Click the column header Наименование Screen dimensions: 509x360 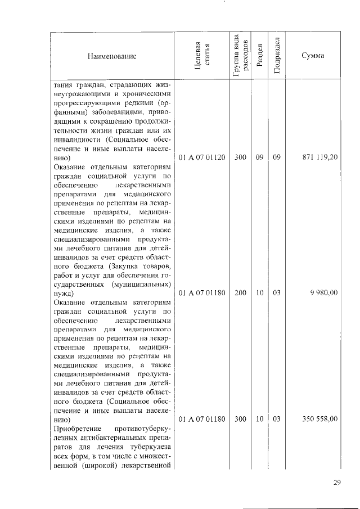point(111,56)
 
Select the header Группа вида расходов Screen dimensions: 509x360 point(240,56)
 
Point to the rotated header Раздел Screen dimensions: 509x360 point(259,56)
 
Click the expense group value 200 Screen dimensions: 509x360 point(240,293)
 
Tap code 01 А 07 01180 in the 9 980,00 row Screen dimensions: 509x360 point(202,293)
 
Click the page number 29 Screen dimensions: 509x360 point(337,483)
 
